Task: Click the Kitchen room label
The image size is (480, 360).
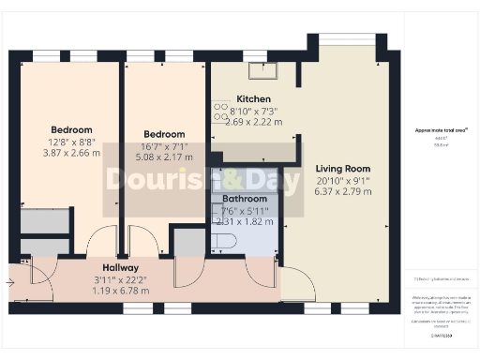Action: [254, 99]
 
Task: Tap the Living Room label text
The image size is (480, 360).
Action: [343, 169]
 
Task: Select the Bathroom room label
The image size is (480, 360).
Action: [245, 200]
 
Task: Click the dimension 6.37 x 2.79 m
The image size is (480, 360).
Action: [343, 191]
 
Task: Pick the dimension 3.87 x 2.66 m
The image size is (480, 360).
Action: [72, 152]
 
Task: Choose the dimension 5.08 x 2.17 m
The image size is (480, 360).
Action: [164, 157]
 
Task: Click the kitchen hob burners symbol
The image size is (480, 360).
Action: [220, 112]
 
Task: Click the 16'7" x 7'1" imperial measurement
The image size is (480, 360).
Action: [164, 145]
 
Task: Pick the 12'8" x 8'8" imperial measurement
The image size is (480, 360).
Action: [72, 141]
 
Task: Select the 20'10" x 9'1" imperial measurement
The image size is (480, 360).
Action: [343, 180]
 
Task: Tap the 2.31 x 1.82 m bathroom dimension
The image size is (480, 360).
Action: [245, 222]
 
